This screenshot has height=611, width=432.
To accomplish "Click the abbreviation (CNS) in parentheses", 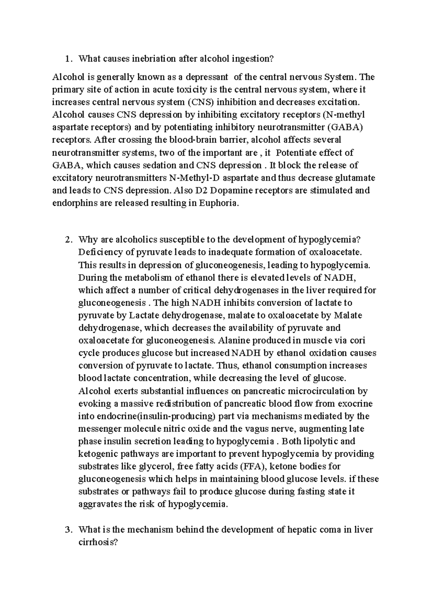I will (199, 102).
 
